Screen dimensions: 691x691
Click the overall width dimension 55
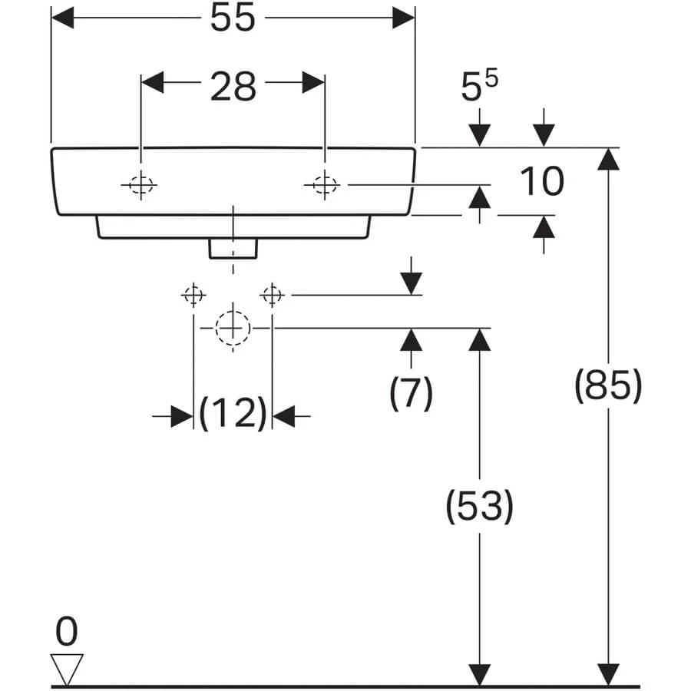tap(233, 18)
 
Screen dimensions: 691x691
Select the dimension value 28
tap(233, 86)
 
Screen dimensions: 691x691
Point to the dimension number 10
tap(542, 182)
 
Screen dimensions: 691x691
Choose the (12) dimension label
tap(233, 415)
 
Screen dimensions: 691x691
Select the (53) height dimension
tap(480, 507)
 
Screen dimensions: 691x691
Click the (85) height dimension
tap(608, 385)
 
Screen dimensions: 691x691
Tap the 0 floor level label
tap(67, 633)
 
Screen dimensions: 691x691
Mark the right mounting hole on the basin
tap(325, 184)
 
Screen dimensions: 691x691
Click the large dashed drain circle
tap(233, 328)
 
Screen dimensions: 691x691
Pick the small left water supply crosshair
tap(193, 294)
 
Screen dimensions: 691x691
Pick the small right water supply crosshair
tap(273, 294)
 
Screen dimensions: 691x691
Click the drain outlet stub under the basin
tap(233, 247)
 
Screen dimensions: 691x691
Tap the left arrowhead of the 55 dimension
tap(62, 18)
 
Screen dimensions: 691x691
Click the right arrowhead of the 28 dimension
tap(313, 82)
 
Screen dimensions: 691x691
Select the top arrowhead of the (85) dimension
tap(608, 158)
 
